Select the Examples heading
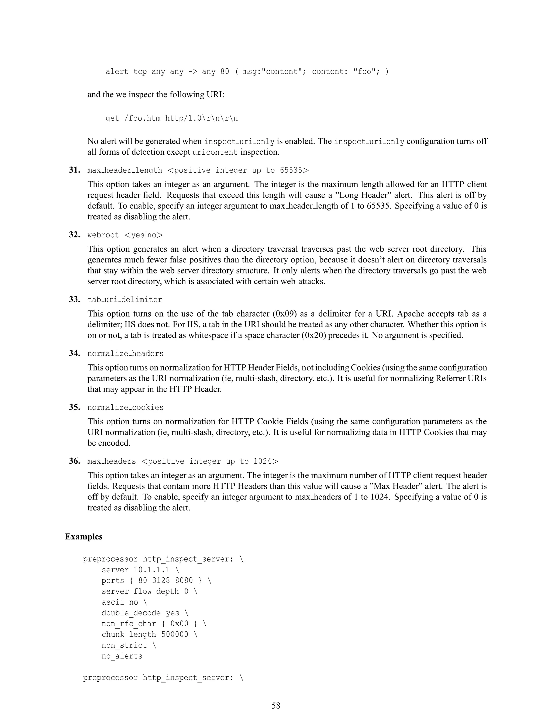pos(84,536)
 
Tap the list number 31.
pos(74,170)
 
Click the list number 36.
pos(74,461)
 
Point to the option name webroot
pos(103,235)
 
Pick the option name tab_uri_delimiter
pos(125,299)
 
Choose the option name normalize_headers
pos(125,353)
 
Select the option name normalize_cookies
pos(125,407)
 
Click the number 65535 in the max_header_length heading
pos(291,170)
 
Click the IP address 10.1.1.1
pos(152,570)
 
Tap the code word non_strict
pos(124,645)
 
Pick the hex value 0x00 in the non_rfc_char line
pos(179,624)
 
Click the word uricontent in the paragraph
pos(215,152)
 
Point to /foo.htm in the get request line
pos(142,118)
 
